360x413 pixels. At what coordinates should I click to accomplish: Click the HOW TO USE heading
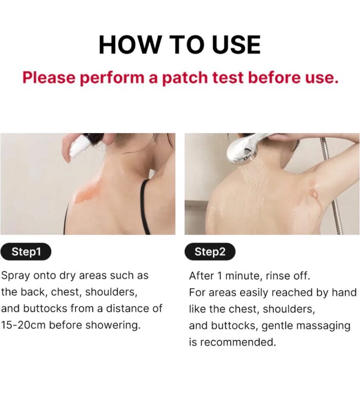(x=180, y=45)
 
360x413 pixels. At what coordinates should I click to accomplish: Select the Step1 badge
(x=26, y=252)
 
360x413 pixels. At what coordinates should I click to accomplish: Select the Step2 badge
(x=210, y=252)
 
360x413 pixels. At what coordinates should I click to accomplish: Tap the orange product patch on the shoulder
(x=86, y=193)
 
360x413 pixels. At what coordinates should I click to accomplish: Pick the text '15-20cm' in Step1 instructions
(x=23, y=325)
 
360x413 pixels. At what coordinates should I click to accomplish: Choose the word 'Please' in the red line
(x=49, y=78)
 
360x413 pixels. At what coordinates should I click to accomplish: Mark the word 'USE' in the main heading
(x=236, y=45)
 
